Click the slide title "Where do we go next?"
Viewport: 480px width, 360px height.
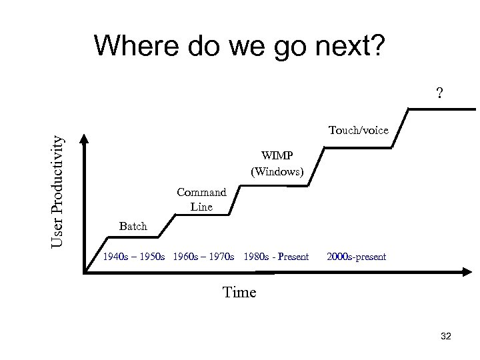click(x=239, y=46)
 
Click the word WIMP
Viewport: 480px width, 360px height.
click(x=277, y=156)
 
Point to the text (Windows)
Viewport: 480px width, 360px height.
click(x=277, y=172)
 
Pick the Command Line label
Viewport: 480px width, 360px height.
click(x=201, y=199)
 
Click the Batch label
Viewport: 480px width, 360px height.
click(x=133, y=227)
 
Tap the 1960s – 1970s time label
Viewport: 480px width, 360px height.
click(x=203, y=257)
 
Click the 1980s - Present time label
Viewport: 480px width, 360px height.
click(x=277, y=257)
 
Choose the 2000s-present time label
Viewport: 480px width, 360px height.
click(x=357, y=257)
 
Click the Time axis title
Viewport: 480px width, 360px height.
click(x=239, y=291)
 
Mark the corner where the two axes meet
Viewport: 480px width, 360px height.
click(x=85, y=271)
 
